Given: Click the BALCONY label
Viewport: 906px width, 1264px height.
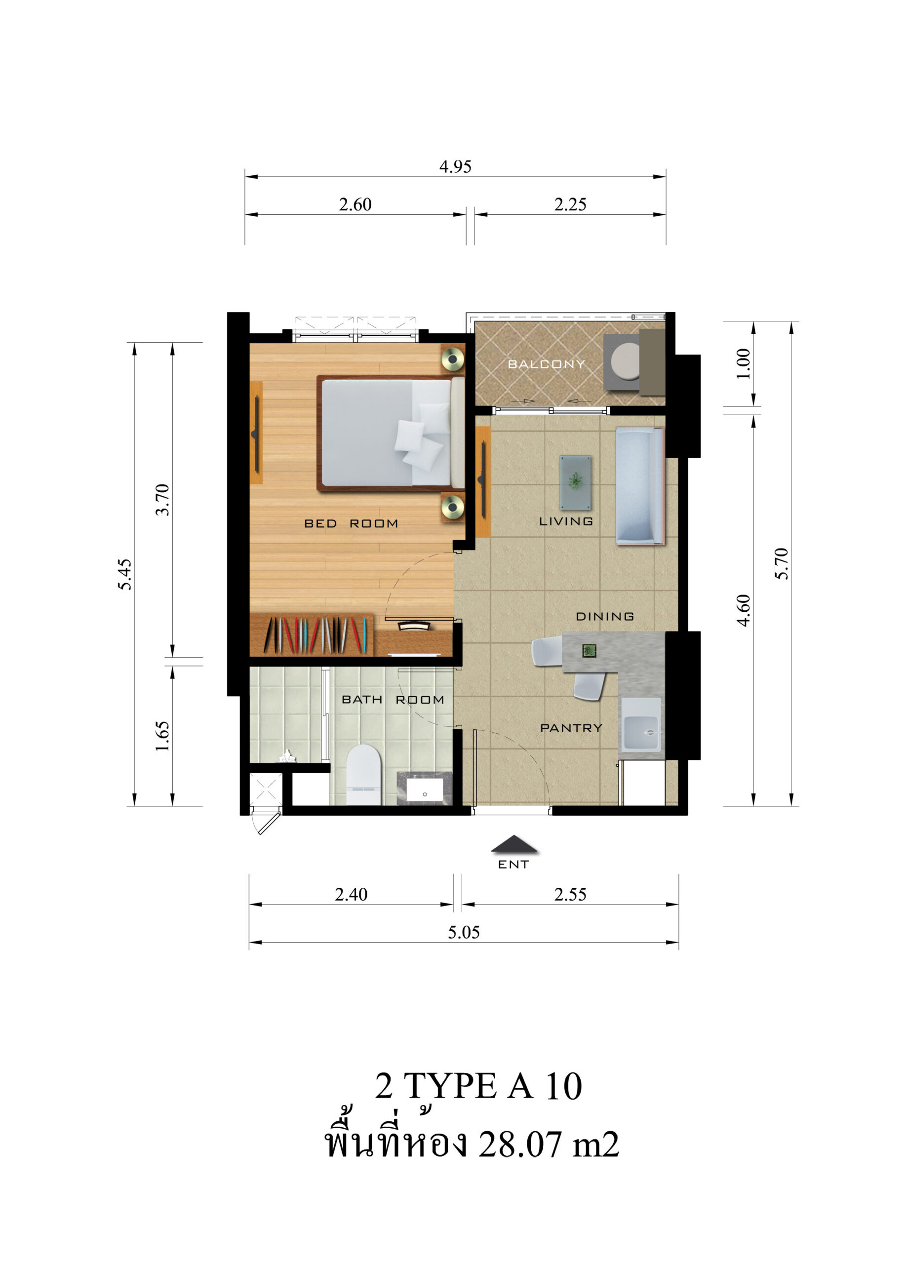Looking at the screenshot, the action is coord(546,364).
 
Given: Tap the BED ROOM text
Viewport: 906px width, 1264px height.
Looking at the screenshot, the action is coord(351,523).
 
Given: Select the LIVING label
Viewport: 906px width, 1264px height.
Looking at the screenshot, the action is coord(565,521).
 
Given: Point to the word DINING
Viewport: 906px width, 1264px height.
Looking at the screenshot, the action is coord(604,616).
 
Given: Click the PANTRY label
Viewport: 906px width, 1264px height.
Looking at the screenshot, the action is coord(571,728).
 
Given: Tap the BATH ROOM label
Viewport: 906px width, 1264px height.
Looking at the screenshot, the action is coord(393,700).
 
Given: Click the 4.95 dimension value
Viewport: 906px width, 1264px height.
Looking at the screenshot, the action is coord(455,166).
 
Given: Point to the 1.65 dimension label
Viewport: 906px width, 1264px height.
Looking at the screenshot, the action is coord(162,736).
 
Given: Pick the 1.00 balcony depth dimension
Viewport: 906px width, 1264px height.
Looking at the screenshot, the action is coord(743,363).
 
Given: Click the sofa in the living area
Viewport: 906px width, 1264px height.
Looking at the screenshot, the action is coord(640,485).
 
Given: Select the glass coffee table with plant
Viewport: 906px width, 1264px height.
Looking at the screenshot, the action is coord(575,482).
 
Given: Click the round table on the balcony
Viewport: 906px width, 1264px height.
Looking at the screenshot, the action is coord(626,361).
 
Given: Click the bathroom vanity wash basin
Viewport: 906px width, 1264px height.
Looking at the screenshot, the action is coord(425,789).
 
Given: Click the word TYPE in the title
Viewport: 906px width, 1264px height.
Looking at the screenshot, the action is coord(450,1086).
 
